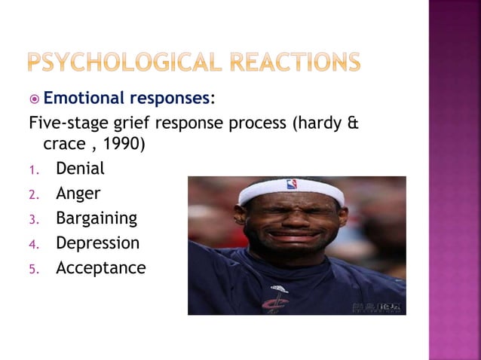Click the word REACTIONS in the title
297,63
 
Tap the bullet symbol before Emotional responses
34,99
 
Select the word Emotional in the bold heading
84,98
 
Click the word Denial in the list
80,168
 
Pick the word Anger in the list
78,194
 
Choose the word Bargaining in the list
97,218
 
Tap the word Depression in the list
97,243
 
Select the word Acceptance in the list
100,268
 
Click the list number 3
32,220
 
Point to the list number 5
32,270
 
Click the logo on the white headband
291,184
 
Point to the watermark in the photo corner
376,307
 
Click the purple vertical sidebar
455,180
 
